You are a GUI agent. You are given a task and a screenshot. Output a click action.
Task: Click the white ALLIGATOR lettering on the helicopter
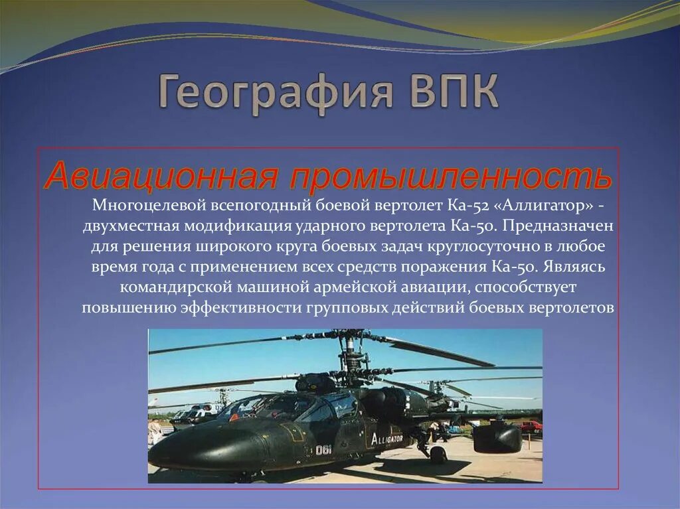387,439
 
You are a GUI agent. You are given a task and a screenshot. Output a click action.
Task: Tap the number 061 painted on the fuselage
324,449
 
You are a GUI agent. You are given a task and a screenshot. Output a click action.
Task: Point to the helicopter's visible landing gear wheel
438,455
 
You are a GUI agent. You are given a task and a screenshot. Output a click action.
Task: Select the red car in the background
531,426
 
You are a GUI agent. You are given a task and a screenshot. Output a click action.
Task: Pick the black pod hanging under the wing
496,437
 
